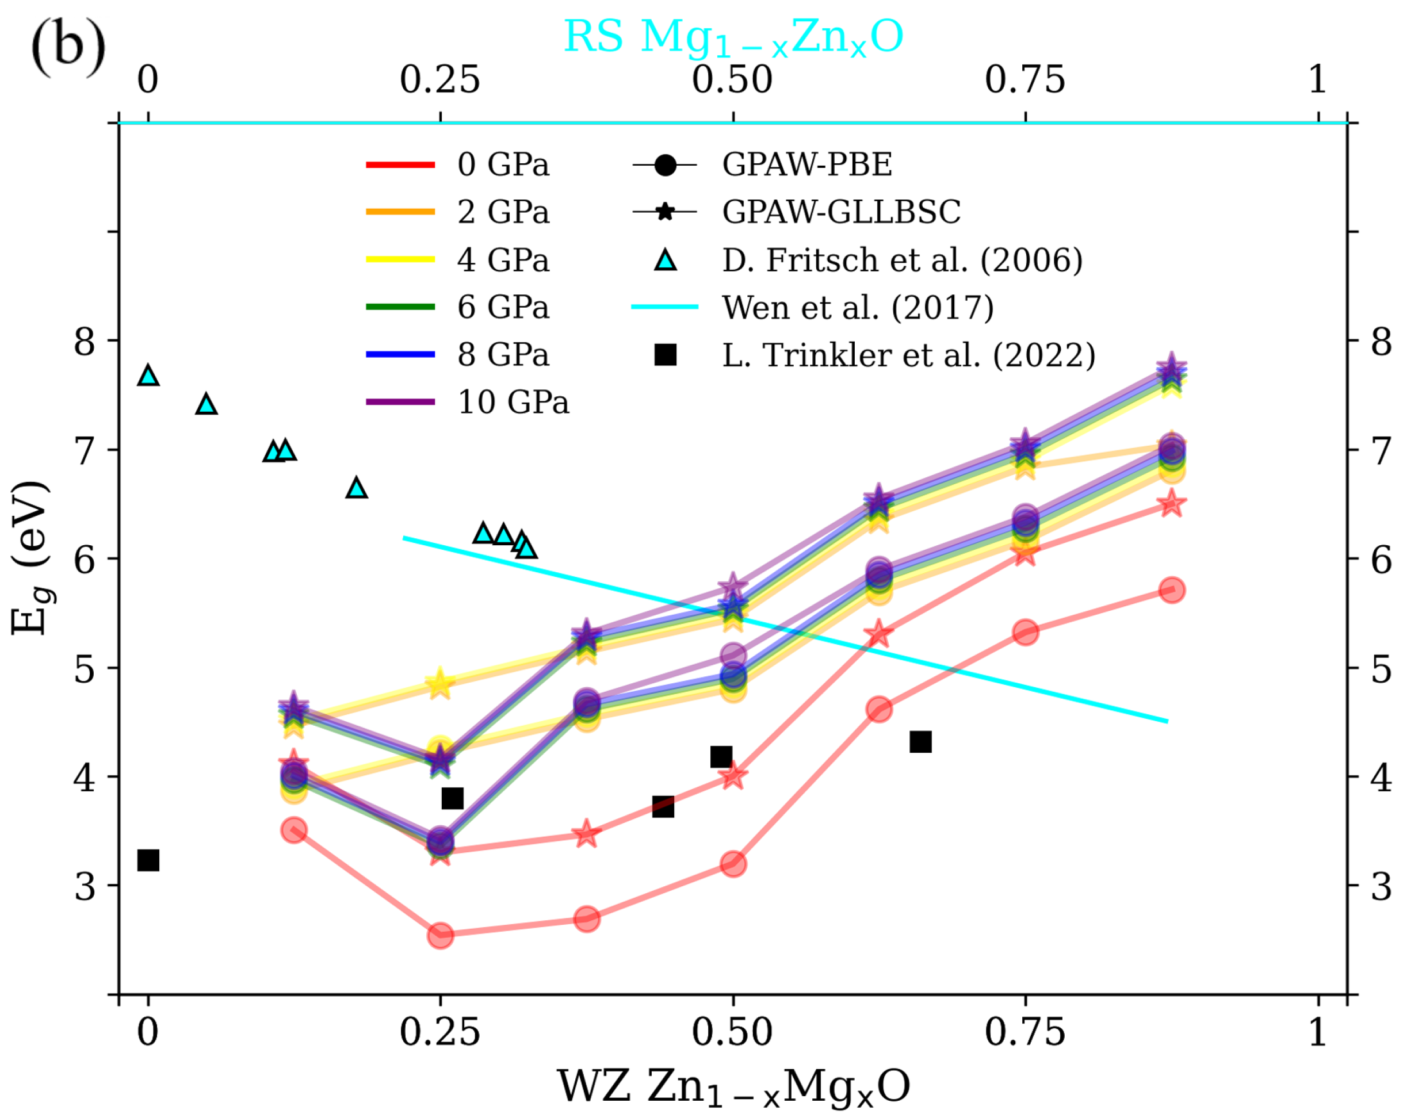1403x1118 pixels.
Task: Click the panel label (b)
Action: point(68,47)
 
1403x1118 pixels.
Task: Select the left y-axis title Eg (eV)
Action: point(30,558)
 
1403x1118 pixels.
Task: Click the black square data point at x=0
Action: point(148,860)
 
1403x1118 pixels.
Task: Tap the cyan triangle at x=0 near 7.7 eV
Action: point(148,376)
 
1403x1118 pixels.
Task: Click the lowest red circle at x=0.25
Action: point(441,935)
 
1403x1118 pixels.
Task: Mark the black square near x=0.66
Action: point(920,741)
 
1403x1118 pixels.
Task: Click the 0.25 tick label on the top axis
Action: point(440,80)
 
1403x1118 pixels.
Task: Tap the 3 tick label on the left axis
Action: point(85,886)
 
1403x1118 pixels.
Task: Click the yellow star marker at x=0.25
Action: point(440,683)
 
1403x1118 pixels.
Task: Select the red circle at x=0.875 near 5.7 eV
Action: point(1171,589)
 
